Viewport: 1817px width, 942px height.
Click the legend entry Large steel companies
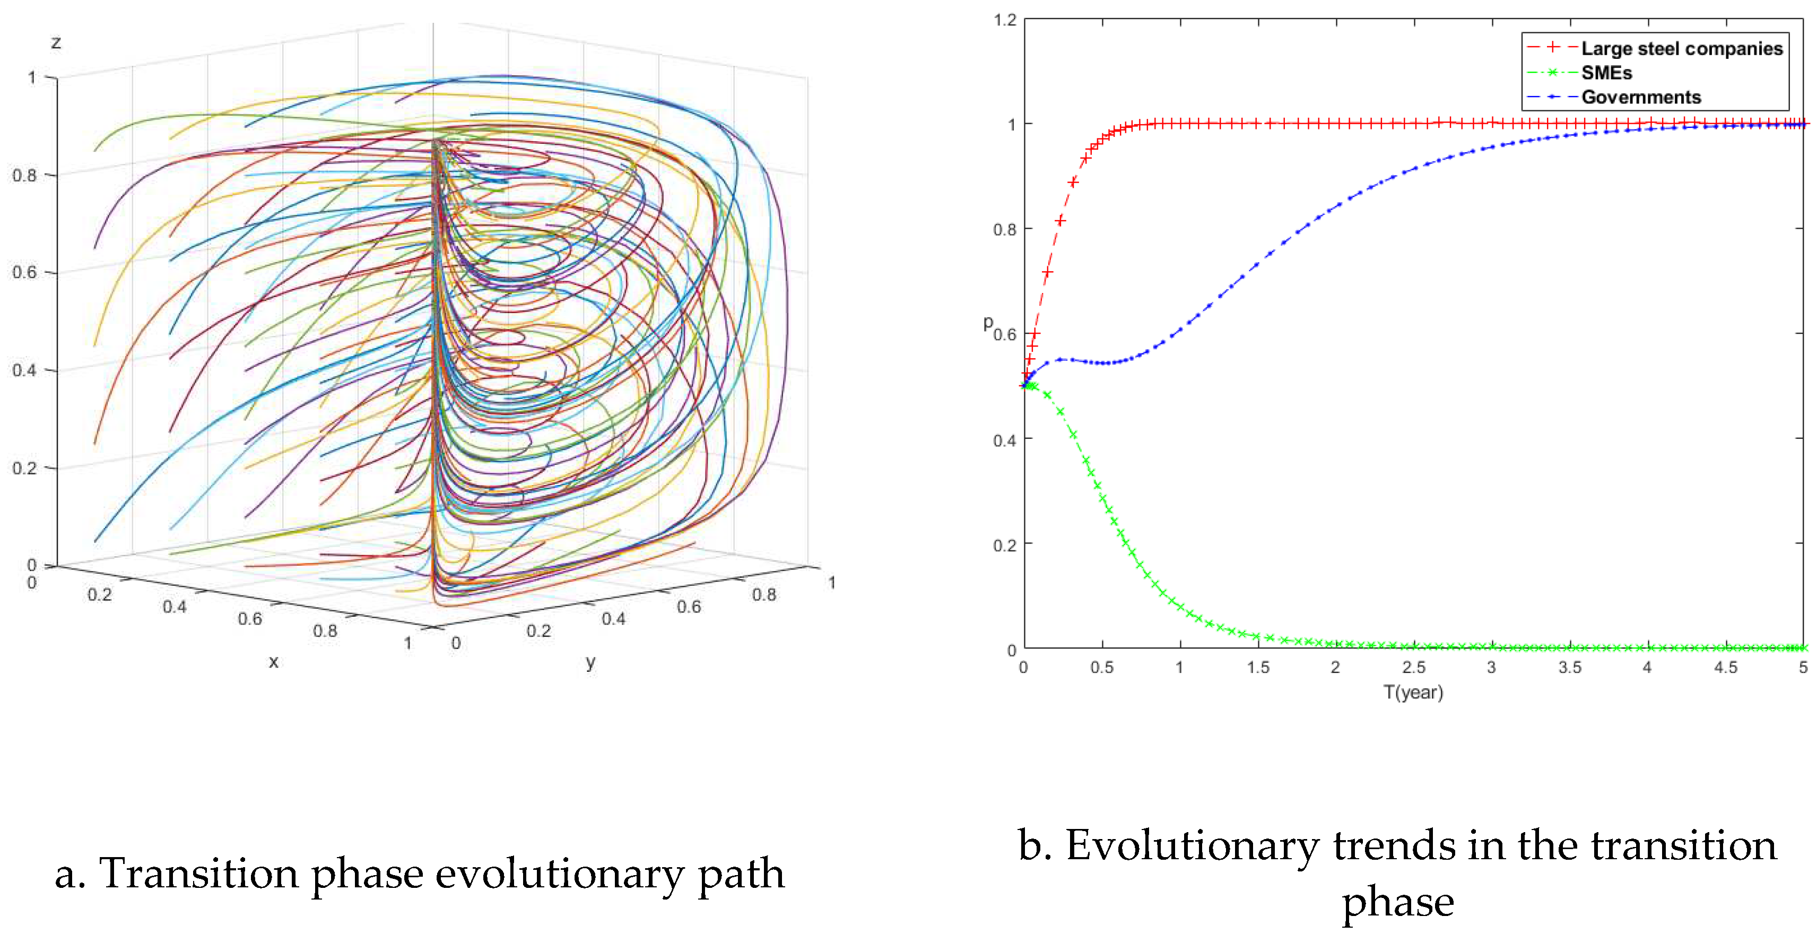click(x=1681, y=49)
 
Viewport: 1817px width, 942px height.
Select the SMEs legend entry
click(x=1606, y=73)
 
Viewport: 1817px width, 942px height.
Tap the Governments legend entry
click(x=1641, y=97)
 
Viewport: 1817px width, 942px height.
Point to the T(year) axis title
click(x=1413, y=692)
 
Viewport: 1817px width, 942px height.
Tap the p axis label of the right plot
click(x=987, y=323)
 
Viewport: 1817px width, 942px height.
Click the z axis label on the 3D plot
click(x=56, y=42)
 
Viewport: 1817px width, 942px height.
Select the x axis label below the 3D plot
click(x=274, y=662)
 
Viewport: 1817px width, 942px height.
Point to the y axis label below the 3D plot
click(x=590, y=662)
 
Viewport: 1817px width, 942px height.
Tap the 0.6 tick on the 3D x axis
click(x=250, y=619)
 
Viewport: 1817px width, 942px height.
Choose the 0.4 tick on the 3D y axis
click(x=613, y=619)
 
